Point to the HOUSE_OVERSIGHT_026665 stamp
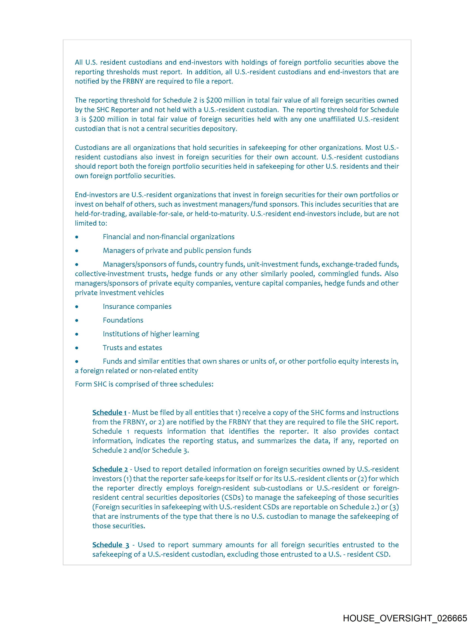coord(405,618)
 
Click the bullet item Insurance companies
coord(137,306)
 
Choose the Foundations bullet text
coord(123,320)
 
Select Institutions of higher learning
coord(151,334)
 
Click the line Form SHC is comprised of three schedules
coord(144,384)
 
